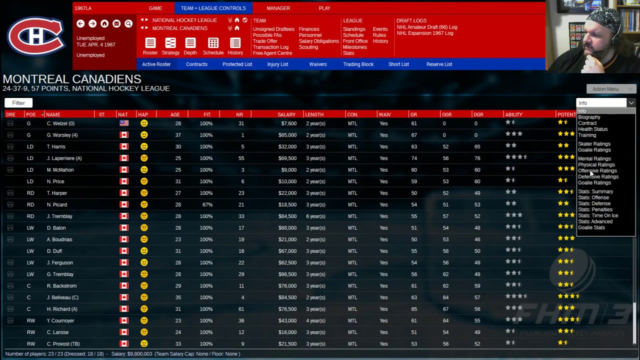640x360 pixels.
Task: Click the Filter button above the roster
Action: (x=18, y=103)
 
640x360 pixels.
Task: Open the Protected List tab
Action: (x=237, y=64)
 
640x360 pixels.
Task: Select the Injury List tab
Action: (x=277, y=64)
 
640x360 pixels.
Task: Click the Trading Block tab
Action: (x=358, y=64)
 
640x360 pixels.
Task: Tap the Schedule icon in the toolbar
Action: (x=213, y=45)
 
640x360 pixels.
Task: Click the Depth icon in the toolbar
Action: (x=190, y=45)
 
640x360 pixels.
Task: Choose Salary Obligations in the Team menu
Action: (x=318, y=41)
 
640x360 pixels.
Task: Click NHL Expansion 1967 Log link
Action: (x=424, y=33)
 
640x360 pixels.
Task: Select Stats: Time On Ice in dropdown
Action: (x=597, y=215)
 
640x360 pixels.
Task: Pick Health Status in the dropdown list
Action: (x=592, y=129)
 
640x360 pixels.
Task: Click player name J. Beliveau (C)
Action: (x=62, y=297)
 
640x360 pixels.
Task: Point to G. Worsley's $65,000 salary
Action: (x=287, y=135)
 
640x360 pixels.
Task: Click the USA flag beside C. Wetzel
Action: (x=124, y=123)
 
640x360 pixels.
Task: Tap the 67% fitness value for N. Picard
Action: (x=206, y=204)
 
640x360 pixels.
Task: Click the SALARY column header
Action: (x=286, y=114)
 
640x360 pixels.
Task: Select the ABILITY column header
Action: (x=513, y=114)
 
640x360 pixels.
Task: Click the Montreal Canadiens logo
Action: (x=36, y=36)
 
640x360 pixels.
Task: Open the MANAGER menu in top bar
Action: (x=278, y=8)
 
